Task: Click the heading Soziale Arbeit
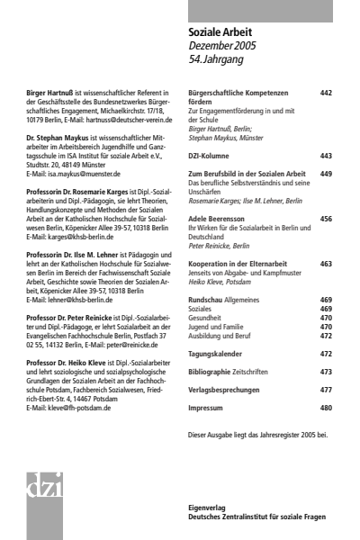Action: coord(219,32)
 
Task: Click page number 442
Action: coord(326,93)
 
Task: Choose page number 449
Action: coord(326,173)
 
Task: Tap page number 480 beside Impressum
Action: coord(326,408)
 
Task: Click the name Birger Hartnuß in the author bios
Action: coord(51,93)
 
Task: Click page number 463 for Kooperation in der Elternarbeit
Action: coord(326,264)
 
